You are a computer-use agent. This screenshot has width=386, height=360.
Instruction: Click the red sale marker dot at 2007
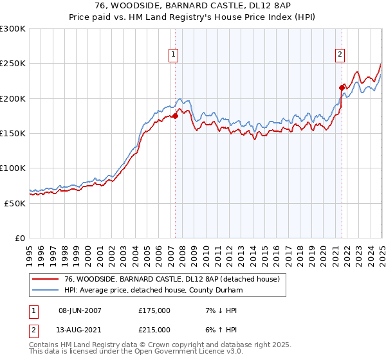pyautogui.click(x=175, y=116)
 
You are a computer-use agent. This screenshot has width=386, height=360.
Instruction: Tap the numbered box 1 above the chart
pyautogui.click(x=174, y=55)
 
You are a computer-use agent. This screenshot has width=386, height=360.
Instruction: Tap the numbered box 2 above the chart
pyautogui.click(x=340, y=55)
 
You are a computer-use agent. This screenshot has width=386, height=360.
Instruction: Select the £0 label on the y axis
pyautogui.click(x=20, y=238)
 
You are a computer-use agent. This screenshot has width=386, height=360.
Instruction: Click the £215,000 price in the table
pyautogui.click(x=154, y=329)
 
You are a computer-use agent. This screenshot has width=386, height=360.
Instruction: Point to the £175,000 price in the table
pyautogui.click(x=154, y=310)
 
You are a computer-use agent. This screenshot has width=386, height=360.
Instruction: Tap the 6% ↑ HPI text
pyautogui.click(x=220, y=329)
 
